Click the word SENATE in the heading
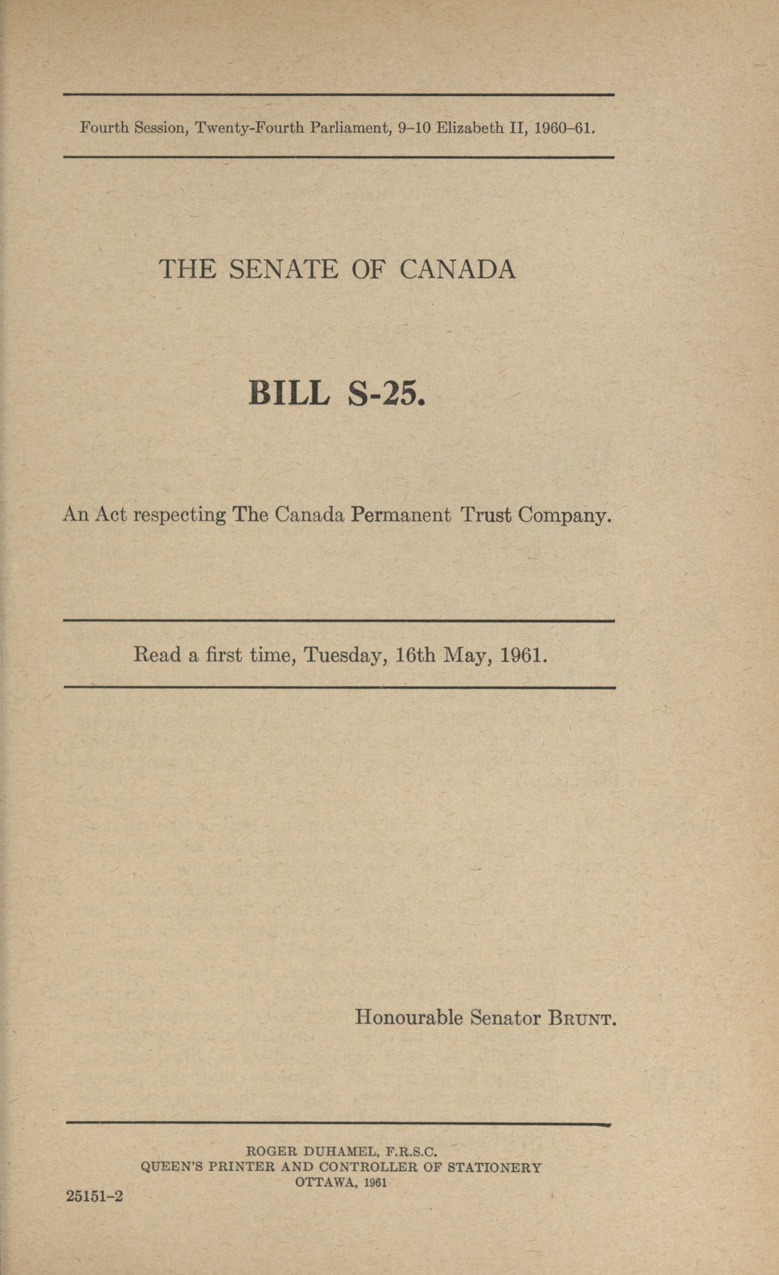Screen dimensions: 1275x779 pyautogui.click(x=283, y=269)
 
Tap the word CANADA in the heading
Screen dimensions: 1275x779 pyautogui.click(x=458, y=269)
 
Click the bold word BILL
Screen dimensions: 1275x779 pyautogui.click(x=289, y=394)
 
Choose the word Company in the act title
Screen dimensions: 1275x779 pyautogui.click(x=565, y=516)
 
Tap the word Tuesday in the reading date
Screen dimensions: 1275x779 pyautogui.click(x=346, y=656)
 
